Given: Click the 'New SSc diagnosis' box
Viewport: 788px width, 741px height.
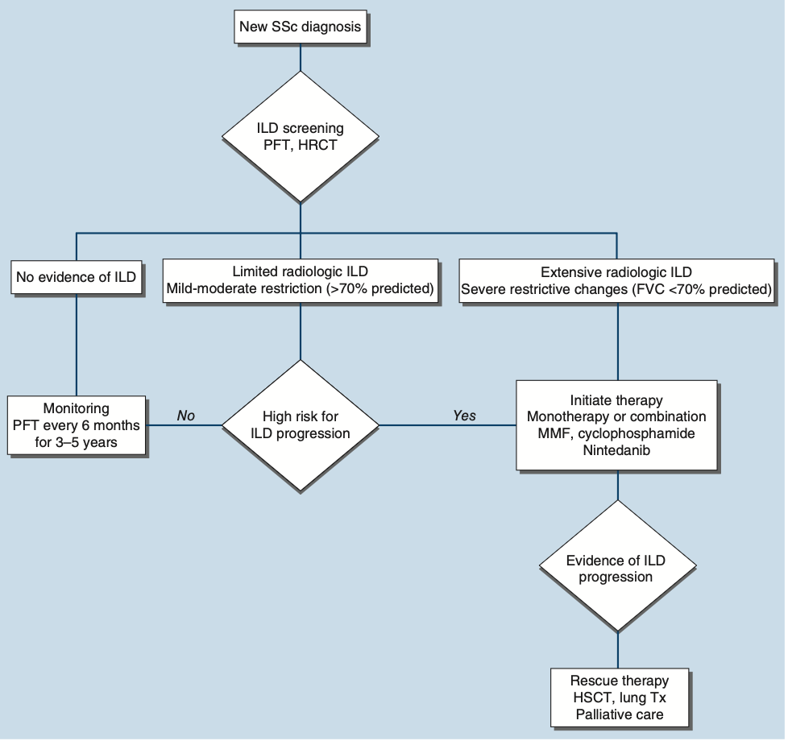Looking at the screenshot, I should [300, 28].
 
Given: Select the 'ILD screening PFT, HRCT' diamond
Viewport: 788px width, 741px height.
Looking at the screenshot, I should [300, 136].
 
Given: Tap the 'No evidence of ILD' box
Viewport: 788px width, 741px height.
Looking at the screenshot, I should [76, 279].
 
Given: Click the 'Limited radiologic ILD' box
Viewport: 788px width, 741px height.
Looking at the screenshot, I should [300, 280].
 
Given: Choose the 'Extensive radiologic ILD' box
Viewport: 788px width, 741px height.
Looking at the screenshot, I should [616, 280].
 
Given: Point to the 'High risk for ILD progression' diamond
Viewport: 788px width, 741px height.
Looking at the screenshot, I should [300, 424].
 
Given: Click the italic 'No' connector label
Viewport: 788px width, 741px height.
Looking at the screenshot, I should [186, 416].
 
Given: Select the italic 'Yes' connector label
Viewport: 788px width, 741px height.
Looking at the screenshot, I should [464, 416].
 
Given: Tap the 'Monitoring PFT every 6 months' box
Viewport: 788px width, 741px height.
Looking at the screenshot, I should [76, 424].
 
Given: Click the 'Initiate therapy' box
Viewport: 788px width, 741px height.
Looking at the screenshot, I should [616, 424].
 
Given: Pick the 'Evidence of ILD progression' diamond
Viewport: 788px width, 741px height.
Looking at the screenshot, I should [616, 568].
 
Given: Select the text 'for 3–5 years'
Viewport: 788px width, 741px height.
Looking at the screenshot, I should [76, 441].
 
